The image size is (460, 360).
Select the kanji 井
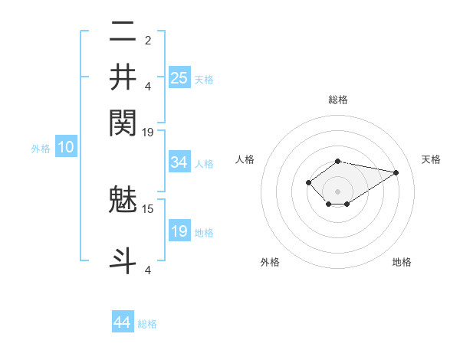pyautogui.click(x=123, y=77)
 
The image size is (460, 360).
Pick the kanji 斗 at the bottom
pyautogui.click(x=123, y=258)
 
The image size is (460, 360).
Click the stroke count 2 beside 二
pyautogui.click(x=148, y=40)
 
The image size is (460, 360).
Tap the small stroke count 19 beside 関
pyautogui.click(x=148, y=132)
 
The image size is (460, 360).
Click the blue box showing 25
pyautogui.click(x=179, y=77)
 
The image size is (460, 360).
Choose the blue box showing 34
pyautogui.click(x=179, y=162)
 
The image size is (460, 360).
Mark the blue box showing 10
pyautogui.click(x=66, y=148)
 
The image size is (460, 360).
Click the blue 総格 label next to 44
pyautogui.click(x=147, y=324)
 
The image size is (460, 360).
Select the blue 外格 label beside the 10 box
pyautogui.click(x=41, y=149)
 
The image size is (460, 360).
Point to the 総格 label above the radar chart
pyautogui.click(x=338, y=100)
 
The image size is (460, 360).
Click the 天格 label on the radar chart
pyautogui.click(x=432, y=159)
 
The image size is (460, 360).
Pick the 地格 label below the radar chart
pyautogui.click(x=402, y=263)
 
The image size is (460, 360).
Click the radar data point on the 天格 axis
pyautogui.click(x=396, y=172)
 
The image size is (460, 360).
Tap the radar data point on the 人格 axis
pyautogui.click(x=308, y=182)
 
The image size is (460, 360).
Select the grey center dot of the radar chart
pyautogui.click(x=337, y=191)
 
